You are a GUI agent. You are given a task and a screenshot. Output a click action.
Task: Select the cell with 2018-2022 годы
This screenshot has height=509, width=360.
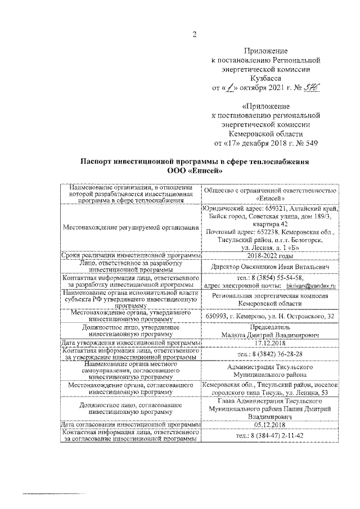coord(269,255)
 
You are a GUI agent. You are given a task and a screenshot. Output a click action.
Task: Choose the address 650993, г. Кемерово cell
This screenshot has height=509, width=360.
coord(269,316)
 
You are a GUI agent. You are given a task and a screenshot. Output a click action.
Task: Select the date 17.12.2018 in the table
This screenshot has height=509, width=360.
coord(269,343)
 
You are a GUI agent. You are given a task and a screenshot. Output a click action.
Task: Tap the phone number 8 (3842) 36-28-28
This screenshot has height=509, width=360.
coord(269,353)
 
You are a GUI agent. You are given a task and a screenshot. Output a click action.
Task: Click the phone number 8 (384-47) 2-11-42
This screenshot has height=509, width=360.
coord(269,435)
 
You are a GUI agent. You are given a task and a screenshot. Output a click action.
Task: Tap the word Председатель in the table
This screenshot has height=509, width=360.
coord(269,327)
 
